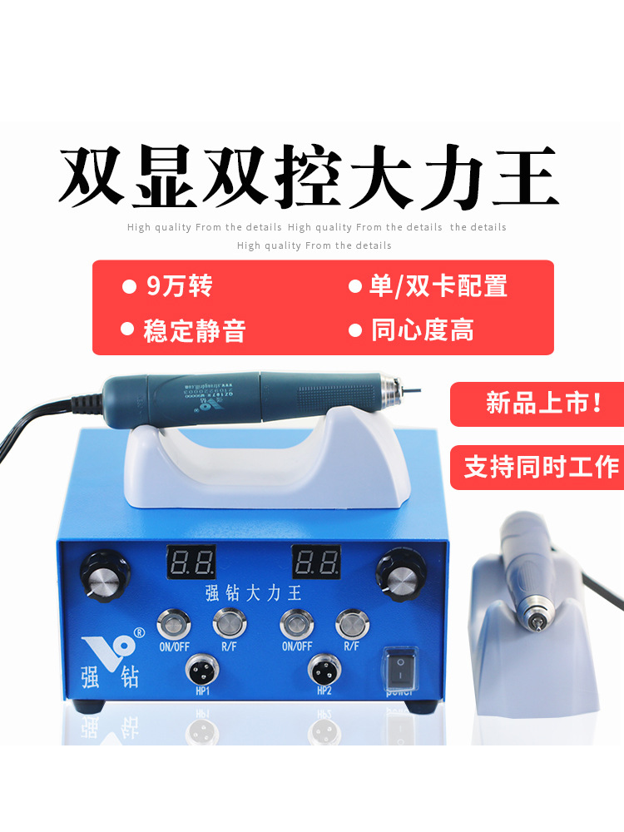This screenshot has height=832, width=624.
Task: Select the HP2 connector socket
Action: tap(324, 669)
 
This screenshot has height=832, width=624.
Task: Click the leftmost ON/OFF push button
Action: tap(175, 621)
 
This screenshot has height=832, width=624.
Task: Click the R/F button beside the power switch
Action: tap(351, 621)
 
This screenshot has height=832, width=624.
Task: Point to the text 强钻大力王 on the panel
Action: tap(253, 593)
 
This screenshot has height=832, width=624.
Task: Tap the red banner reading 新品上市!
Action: tap(537, 404)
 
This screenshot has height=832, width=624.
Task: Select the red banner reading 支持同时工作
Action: tap(537, 467)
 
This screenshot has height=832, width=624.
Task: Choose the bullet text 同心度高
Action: tap(422, 330)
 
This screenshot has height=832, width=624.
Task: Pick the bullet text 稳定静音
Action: tap(195, 330)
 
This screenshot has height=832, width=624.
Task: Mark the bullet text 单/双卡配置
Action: tap(438, 287)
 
